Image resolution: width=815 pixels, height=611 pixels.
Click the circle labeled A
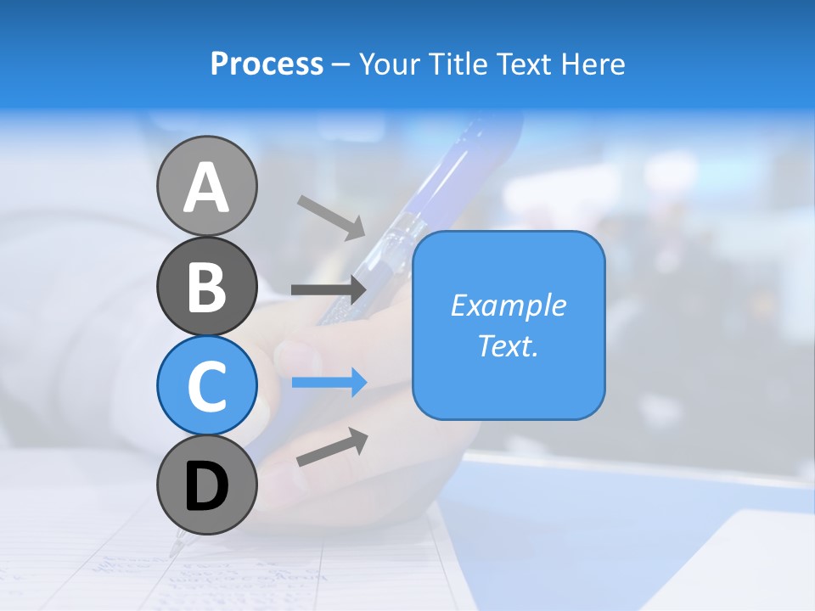point(206,186)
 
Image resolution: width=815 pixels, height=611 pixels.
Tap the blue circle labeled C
point(206,385)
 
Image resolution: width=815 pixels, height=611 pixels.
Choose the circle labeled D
point(206,485)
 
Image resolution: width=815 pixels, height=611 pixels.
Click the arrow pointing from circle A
point(330,216)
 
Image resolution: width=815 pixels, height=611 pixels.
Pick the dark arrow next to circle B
point(329,289)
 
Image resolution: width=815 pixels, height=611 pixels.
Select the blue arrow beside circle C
point(329,383)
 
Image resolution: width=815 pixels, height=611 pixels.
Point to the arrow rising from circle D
point(332,447)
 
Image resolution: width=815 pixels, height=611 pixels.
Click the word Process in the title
point(267,64)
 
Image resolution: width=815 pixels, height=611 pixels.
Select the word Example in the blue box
point(508,305)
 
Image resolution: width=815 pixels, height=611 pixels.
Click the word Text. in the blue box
point(508,345)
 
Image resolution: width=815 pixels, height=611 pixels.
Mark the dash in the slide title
point(341,64)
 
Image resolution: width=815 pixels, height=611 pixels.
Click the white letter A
point(206,188)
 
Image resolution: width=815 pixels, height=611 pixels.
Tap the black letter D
point(206,486)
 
